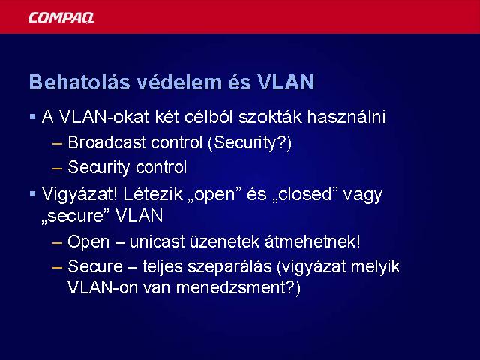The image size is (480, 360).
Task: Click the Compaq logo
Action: click(x=61, y=18)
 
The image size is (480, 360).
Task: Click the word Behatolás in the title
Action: click(x=79, y=82)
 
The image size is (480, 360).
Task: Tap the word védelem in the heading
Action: click(x=179, y=82)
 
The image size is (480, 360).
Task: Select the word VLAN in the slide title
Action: click(x=286, y=82)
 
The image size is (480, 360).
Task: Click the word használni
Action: click(x=346, y=117)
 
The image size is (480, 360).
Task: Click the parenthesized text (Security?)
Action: click(x=250, y=143)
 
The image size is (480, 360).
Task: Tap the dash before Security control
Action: click(x=57, y=168)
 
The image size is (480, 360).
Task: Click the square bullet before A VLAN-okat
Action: click(x=33, y=117)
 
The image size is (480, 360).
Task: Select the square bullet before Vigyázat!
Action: click(x=33, y=194)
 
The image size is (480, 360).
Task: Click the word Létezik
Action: click(x=153, y=194)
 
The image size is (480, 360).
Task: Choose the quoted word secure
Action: click(x=76, y=216)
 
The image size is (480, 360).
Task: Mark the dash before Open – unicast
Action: click(x=57, y=243)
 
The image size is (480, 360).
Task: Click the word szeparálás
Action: click(x=229, y=267)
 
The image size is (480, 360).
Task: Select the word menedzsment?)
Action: click(x=238, y=288)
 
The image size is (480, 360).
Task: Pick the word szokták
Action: click(x=270, y=117)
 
